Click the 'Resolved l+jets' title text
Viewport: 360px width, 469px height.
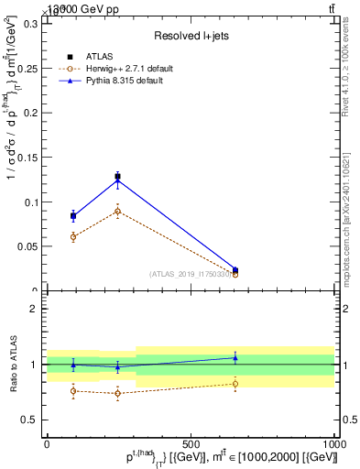coord(190,36)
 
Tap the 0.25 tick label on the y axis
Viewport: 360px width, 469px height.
coord(27,68)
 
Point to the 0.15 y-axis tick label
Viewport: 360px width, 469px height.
coord(27,158)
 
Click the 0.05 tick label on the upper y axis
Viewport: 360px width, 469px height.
coord(27,246)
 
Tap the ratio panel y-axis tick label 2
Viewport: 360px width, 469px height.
coord(33,309)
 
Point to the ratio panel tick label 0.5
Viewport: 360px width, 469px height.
coord(29,420)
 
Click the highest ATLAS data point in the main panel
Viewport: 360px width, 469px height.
coord(117,176)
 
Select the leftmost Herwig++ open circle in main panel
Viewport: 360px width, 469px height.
coord(73,236)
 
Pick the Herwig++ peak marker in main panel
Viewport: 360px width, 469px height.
coord(117,211)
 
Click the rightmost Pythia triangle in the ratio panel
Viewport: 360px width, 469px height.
coord(235,357)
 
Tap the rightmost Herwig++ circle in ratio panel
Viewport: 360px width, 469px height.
coord(235,384)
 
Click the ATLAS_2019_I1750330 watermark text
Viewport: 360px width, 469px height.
coord(191,274)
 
